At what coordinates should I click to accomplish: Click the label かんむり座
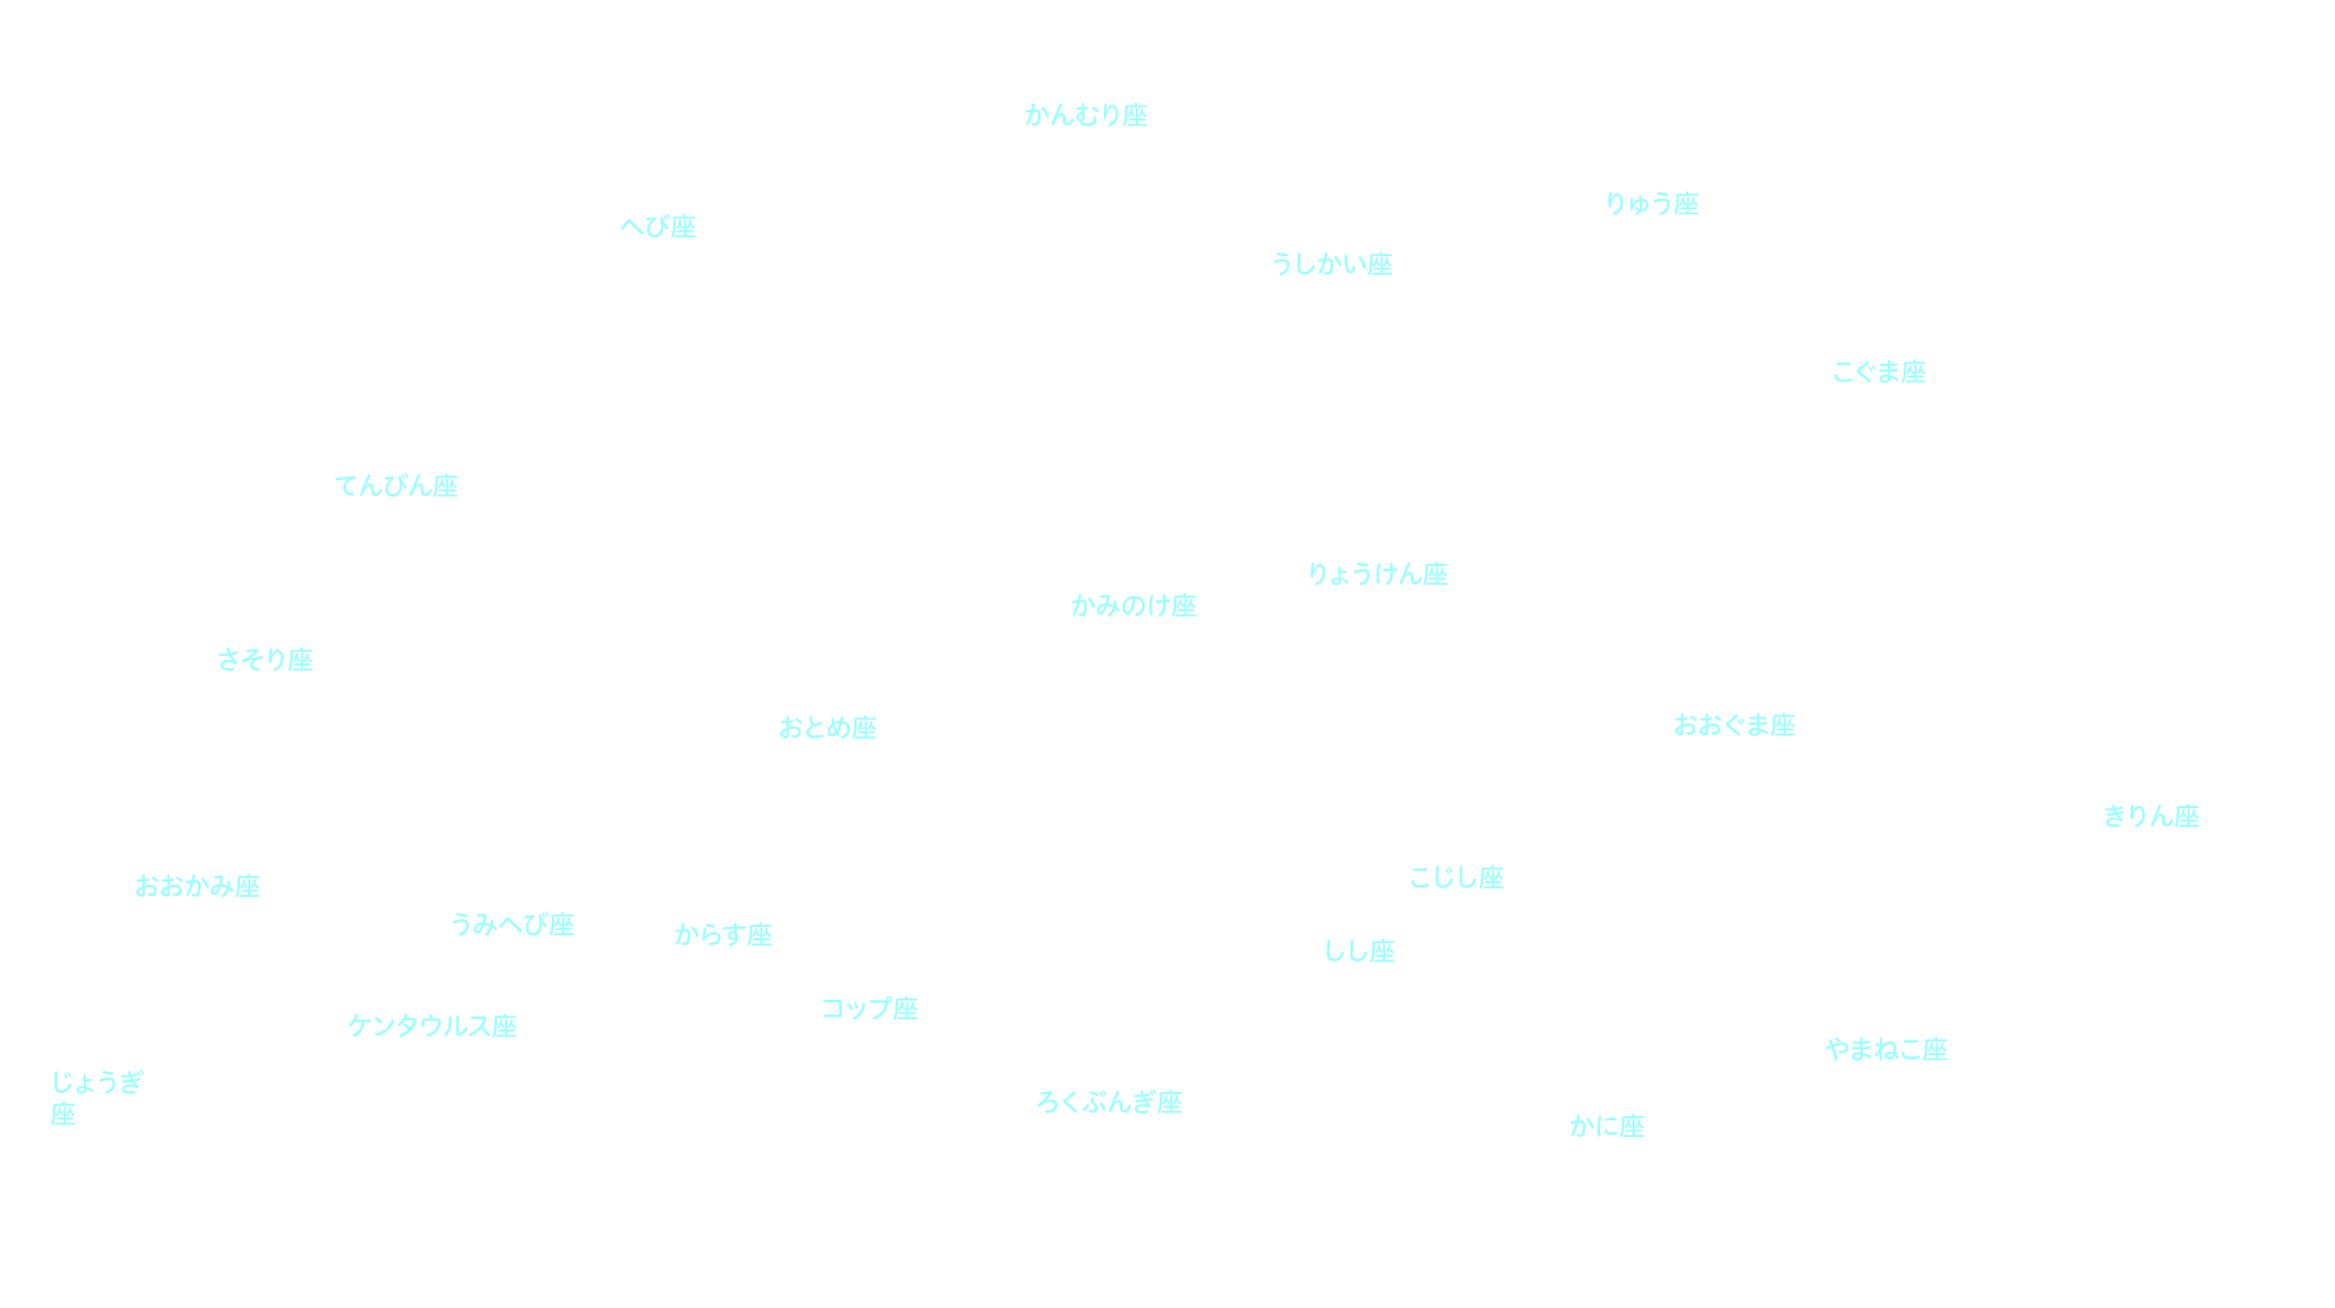pos(1085,115)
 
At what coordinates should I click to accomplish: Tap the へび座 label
pos(658,226)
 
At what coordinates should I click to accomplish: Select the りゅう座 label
pos(1651,204)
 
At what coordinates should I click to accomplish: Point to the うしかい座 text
pos(1331,264)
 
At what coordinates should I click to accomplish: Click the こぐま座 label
pos(1879,372)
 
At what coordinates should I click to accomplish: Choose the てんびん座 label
pos(396,486)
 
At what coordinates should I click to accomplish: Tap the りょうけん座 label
pos(1378,574)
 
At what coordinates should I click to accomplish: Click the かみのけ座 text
pos(1133,605)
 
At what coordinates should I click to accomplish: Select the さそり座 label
pos(265,660)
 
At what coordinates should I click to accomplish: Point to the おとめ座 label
pos(828,728)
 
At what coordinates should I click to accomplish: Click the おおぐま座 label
pos(1734,725)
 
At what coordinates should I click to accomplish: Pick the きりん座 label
pos(2151,817)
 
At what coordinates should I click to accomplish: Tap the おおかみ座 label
pos(197,886)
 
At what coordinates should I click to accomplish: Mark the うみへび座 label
pos(512,924)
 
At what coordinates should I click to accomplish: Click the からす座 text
pos(723,934)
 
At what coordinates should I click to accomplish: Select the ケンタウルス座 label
pos(432,1026)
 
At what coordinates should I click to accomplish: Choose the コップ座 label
pos(870,1009)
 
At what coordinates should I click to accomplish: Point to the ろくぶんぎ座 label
pos(1110,1102)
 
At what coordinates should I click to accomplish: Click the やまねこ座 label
pos(1886,1050)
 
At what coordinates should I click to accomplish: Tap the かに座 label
pos(1606,1127)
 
